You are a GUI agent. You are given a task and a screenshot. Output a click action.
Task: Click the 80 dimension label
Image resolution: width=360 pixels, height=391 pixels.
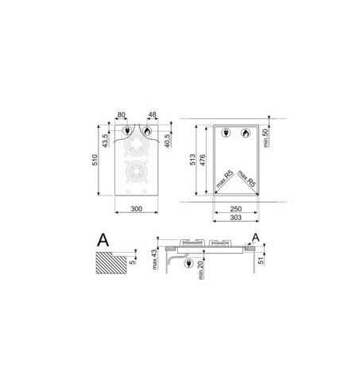pos(121,114)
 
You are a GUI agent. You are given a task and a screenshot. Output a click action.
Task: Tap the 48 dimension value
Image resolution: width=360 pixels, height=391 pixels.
pos(153,114)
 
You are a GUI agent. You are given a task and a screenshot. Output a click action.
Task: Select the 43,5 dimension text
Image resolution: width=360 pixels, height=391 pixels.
pos(105,141)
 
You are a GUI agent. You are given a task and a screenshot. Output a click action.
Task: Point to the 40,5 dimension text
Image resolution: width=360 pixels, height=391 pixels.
pos(167,141)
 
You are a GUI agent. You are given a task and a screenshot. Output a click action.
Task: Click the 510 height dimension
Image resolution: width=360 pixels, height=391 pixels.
pos(95,160)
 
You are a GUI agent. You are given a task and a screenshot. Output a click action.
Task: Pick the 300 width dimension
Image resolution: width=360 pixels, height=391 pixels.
pos(137,209)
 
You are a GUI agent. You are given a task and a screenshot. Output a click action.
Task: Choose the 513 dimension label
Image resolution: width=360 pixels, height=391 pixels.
pos(192,160)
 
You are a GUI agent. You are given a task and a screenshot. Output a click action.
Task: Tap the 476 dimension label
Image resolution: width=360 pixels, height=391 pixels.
pos(203,160)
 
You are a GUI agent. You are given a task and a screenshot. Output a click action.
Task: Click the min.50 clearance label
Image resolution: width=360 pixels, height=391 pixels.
pos(265,137)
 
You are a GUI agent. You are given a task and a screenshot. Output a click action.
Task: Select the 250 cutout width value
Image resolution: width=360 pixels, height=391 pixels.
pos(235,209)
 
